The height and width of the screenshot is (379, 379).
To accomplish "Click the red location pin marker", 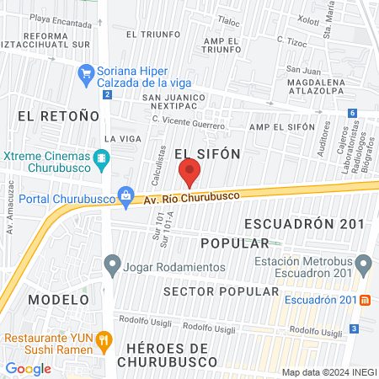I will tap(189, 173).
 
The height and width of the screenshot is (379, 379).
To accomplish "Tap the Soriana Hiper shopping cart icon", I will tap(85, 74).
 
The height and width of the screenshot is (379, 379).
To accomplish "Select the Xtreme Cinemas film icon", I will tap(102, 157).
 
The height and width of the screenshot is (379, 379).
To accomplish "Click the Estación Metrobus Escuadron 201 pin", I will tap(363, 265).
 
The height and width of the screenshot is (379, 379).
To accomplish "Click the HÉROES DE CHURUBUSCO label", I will tap(173, 355).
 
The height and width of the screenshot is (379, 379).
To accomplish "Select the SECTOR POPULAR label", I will tap(221, 291).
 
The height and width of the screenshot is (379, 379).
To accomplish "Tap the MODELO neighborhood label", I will tap(58, 299).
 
